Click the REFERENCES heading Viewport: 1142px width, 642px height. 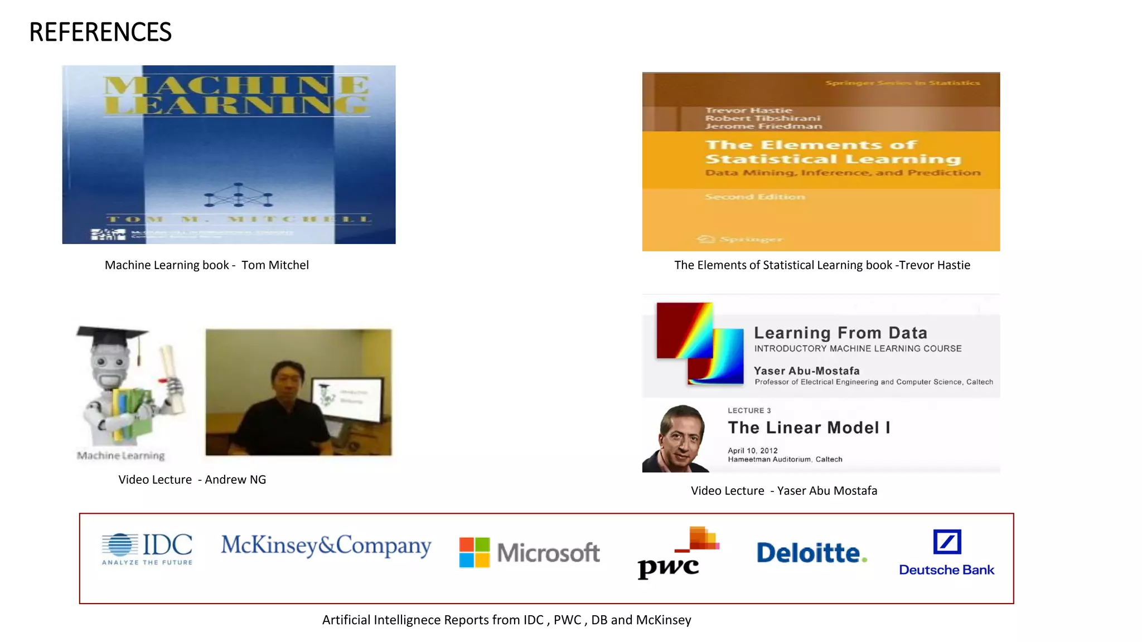100,32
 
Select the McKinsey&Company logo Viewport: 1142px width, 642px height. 326,545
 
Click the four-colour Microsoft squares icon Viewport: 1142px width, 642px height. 474,552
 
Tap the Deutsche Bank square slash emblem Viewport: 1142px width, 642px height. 947,542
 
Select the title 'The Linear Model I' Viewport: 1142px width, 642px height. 809,427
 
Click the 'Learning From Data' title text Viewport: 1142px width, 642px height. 840,333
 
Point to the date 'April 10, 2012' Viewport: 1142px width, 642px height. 752,450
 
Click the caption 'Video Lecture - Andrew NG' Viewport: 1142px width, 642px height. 192,479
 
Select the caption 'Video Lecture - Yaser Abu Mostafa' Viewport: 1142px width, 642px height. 783,490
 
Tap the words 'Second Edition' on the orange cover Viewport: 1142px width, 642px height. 754,197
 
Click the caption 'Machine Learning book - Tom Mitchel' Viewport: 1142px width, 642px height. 206,265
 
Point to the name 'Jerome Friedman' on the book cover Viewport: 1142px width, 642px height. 763,127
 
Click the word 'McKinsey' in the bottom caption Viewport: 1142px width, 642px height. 664,620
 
